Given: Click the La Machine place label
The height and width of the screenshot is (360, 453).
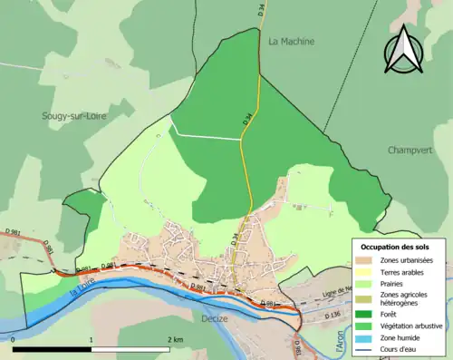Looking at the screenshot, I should point(290,41).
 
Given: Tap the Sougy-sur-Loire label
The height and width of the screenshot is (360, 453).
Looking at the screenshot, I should point(74,116).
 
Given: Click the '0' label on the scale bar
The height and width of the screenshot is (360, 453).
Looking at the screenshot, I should point(14,339).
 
